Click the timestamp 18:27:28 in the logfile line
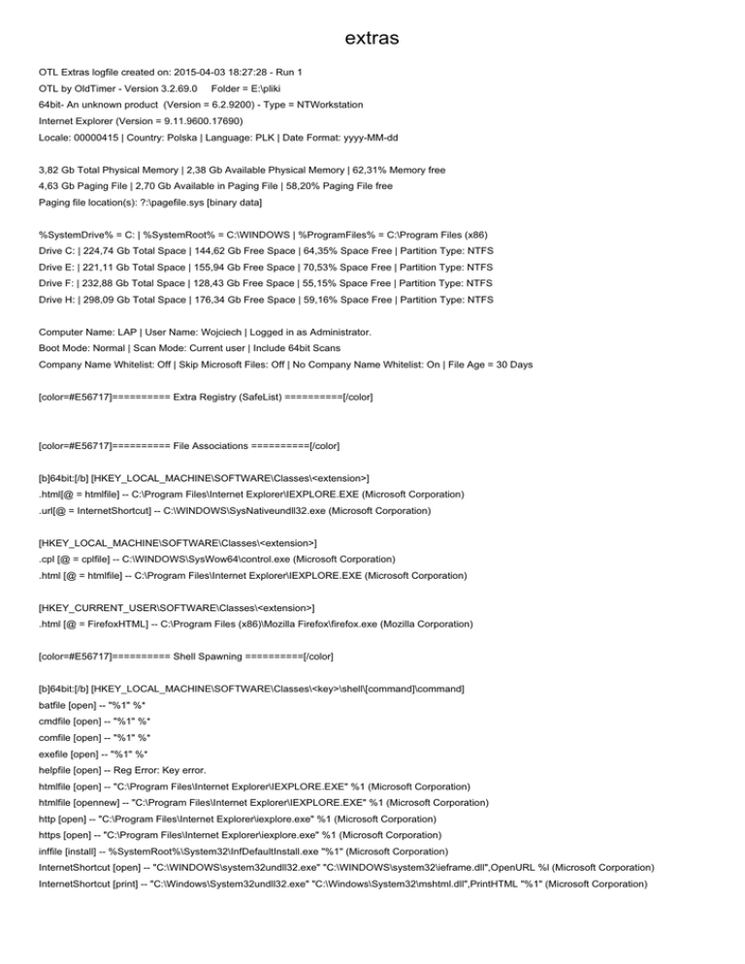255,73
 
